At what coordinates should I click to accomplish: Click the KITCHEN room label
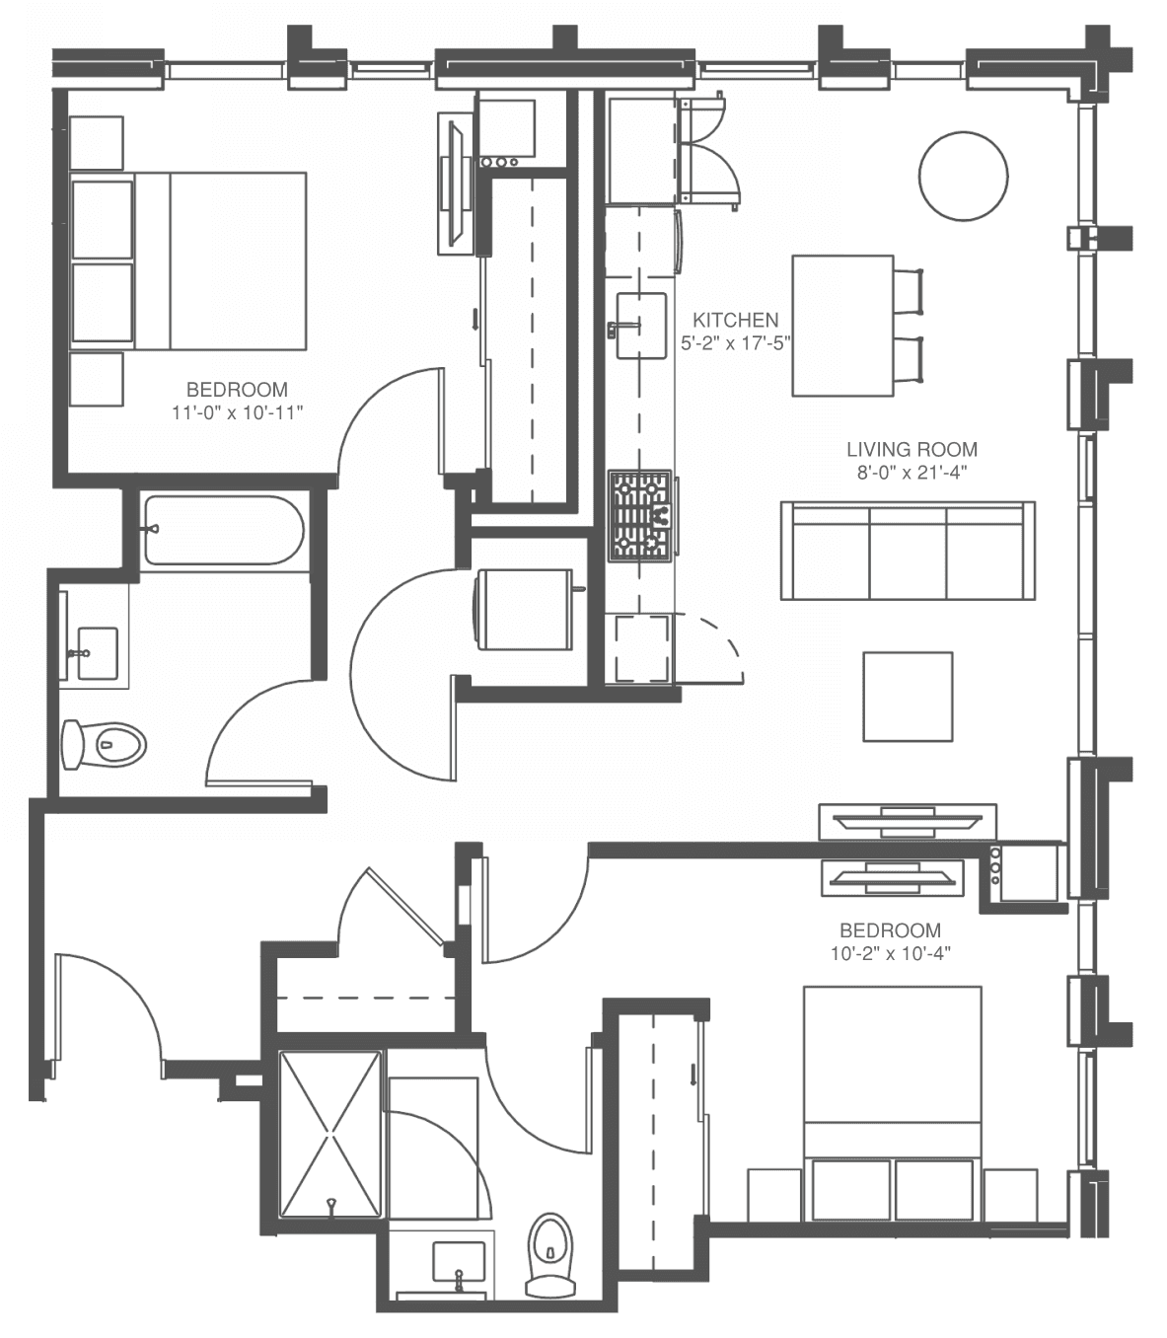pyautogui.click(x=736, y=320)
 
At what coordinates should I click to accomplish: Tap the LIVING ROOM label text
pyautogui.click(x=912, y=449)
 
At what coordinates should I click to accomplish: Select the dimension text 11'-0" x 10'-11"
pyautogui.click(x=238, y=412)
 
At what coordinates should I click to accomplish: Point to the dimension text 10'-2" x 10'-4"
pyautogui.click(x=891, y=953)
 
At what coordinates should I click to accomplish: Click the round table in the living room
pyautogui.click(x=963, y=176)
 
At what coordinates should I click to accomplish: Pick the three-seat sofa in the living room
pyautogui.click(x=908, y=551)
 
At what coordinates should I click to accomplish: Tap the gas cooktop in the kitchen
pyautogui.click(x=640, y=516)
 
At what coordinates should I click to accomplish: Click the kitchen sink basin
pyautogui.click(x=641, y=326)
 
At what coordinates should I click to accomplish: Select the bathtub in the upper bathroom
pyautogui.click(x=224, y=530)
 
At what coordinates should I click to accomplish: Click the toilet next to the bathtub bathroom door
pyautogui.click(x=104, y=744)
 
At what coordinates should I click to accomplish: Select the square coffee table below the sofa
pyautogui.click(x=908, y=697)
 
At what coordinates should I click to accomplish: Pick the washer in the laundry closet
pyautogui.click(x=525, y=610)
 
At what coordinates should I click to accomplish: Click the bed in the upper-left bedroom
pyautogui.click(x=188, y=260)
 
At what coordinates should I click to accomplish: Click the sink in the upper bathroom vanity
pyautogui.click(x=98, y=653)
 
